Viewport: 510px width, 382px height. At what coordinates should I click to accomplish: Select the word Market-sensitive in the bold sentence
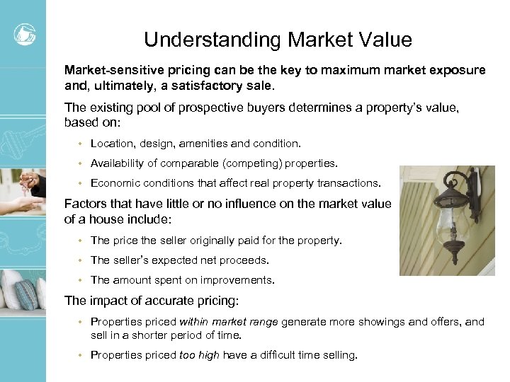[108, 71]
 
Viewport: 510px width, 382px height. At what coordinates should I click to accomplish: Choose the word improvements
[237, 280]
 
